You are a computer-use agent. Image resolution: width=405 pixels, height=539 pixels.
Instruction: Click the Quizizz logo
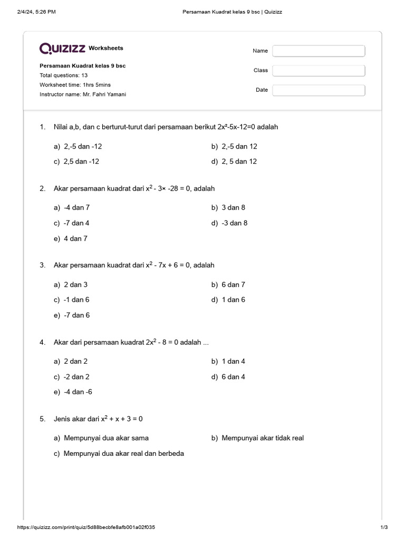coord(62,48)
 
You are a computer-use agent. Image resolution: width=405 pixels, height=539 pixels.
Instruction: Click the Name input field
coord(319,51)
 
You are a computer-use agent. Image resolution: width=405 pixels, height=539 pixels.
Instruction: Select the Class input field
coord(319,71)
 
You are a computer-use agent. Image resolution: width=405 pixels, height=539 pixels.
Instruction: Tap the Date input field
coord(319,90)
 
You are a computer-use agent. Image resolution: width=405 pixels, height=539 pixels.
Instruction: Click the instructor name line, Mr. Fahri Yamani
coord(83,94)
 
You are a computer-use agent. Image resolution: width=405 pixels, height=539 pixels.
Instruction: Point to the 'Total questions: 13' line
coord(63,75)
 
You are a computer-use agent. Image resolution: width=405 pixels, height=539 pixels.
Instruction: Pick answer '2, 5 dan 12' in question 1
coord(239,162)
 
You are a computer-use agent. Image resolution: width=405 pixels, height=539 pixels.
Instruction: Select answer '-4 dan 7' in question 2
coord(76,207)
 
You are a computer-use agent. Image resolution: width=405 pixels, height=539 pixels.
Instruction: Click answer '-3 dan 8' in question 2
coord(235,223)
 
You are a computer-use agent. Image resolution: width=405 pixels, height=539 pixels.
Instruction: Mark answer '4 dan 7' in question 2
coord(75,238)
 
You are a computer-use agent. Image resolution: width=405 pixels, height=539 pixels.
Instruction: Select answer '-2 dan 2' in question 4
coord(76,377)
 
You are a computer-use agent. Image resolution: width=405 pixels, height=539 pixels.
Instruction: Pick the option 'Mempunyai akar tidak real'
coord(263,438)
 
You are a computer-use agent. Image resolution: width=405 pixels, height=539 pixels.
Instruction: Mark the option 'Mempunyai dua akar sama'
coord(106,438)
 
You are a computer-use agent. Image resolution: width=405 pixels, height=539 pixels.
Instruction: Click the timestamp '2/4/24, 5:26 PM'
coord(37,12)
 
